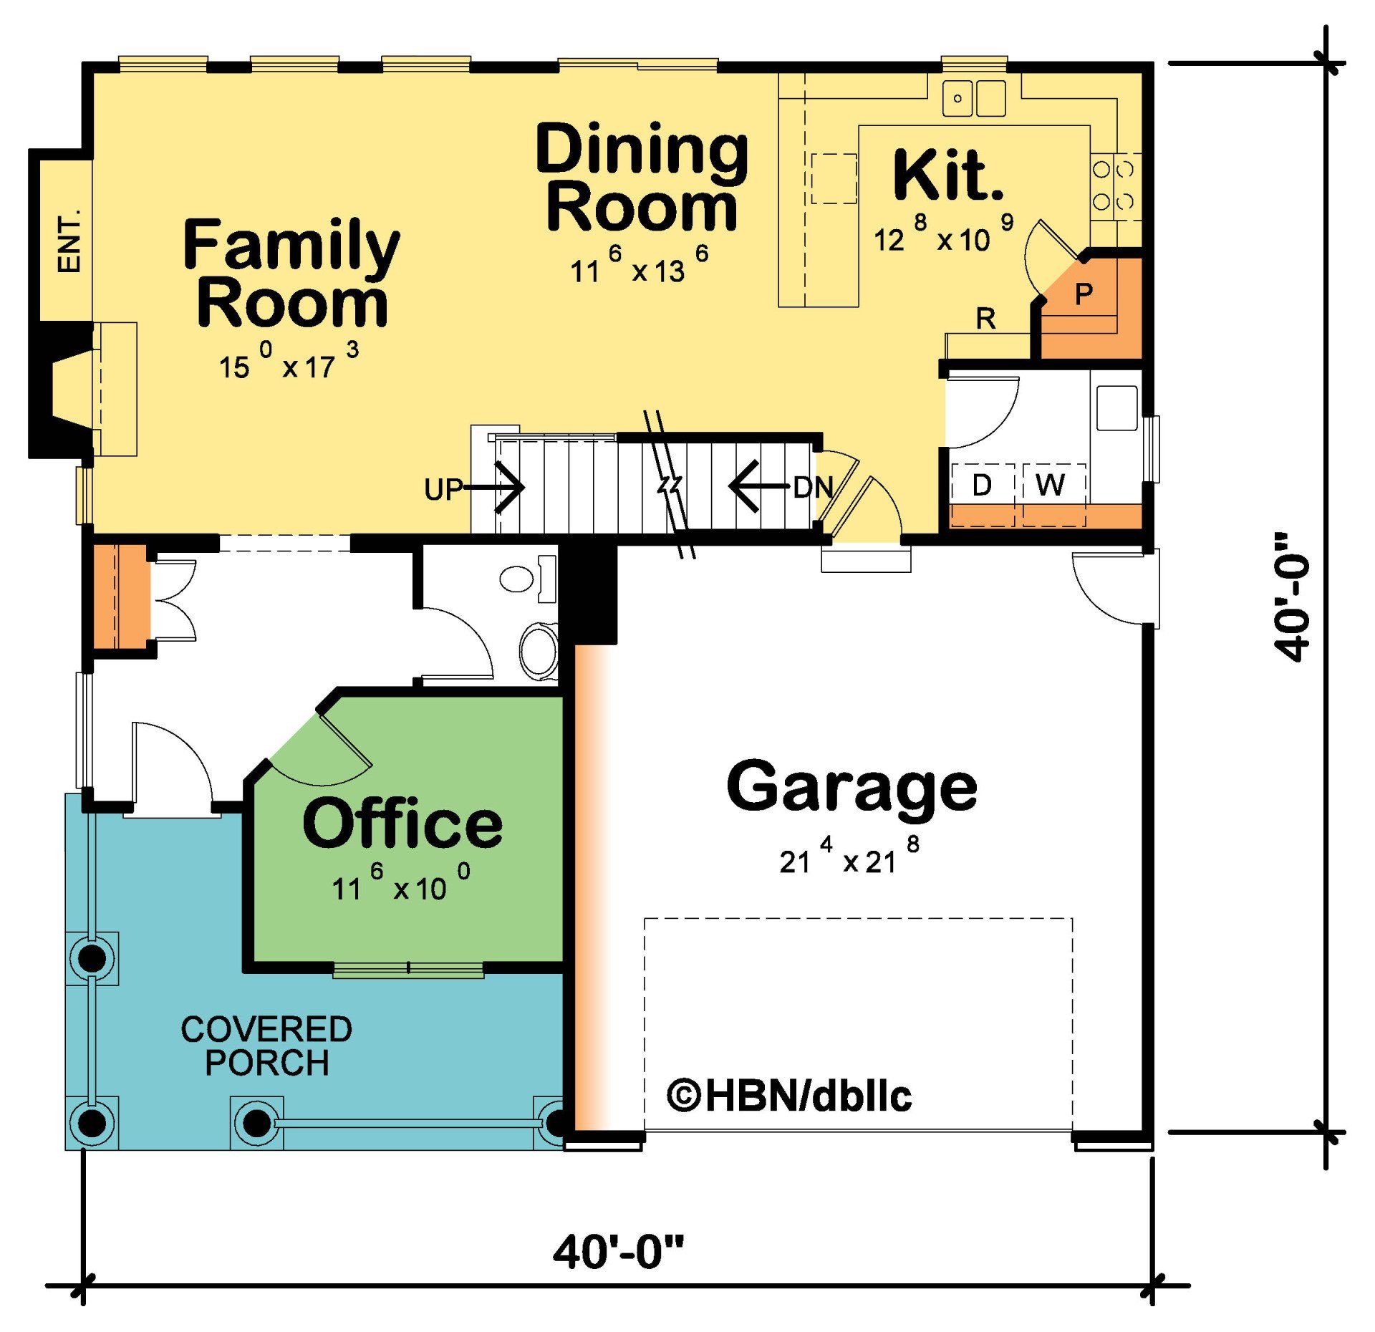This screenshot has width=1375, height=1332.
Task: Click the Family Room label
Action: pos(291,274)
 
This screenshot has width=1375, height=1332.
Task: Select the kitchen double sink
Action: pos(973,98)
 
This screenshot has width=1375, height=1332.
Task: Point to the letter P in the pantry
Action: pos(1084,293)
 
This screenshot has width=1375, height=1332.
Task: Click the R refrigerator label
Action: pos(985,319)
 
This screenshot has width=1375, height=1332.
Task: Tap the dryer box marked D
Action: pos(982,486)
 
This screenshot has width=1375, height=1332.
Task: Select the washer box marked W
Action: pos(1050,486)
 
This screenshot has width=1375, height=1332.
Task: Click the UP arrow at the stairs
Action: pos(494,488)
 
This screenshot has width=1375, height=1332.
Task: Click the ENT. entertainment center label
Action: pos(69,241)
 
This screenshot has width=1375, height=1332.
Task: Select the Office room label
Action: pos(402,824)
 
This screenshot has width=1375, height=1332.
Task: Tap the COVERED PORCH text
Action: pos(266,1046)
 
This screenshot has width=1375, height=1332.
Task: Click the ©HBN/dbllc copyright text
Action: pos(789,1096)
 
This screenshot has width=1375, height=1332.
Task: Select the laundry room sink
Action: pos(1116,407)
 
